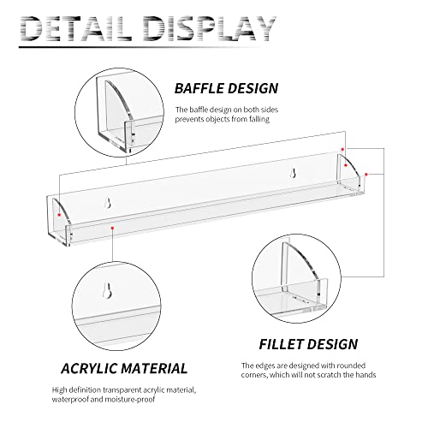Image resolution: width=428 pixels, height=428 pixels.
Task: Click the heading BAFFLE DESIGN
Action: point(226,88)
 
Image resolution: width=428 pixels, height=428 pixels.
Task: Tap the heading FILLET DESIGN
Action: point(308,344)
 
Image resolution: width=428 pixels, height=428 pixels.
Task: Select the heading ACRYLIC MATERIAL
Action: point(124,368)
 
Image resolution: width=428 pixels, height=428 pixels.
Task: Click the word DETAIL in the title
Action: point(76,28)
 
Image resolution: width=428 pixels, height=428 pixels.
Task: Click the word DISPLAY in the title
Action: point(209,28)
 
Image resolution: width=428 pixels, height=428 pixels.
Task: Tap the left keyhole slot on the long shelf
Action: point(108,203)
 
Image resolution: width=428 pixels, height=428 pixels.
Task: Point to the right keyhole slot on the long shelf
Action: point(293,173)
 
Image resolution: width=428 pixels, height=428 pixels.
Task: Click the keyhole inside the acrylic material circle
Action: point(107,290)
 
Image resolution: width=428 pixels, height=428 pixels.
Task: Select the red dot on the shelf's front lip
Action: point(113,228)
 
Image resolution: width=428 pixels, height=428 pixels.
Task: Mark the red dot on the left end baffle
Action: point(59,215)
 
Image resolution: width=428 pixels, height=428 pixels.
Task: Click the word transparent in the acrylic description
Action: point(121,390)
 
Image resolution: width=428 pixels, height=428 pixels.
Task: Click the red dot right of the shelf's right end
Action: point(366,174)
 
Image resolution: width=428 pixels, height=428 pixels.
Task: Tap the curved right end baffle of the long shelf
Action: point(348,170)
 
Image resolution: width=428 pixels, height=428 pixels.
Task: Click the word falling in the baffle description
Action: point(259,119)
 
